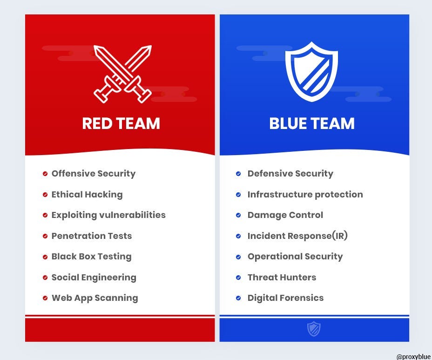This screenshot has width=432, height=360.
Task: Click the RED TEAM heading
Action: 121,123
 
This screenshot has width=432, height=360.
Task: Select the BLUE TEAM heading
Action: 312,123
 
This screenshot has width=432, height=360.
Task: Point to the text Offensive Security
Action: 93,174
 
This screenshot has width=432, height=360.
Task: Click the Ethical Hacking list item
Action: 87,195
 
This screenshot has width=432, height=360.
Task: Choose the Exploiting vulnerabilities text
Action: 108,215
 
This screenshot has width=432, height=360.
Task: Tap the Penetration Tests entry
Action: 91,236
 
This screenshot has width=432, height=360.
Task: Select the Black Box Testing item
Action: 91,257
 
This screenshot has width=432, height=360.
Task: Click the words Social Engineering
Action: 94,278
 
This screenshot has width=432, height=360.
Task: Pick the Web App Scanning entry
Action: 94,298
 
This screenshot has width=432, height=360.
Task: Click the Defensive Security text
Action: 290,174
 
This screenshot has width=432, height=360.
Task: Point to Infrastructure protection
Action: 305,195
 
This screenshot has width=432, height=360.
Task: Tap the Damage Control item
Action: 285,215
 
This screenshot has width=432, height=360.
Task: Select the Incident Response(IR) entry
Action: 297,236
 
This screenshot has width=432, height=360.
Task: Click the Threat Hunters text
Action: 282,278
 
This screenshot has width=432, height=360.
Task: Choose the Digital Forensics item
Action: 285,298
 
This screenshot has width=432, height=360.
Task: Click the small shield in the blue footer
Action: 314,329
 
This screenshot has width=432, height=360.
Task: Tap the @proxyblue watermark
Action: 413,356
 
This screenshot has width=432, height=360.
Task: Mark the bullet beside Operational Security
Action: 238,257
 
